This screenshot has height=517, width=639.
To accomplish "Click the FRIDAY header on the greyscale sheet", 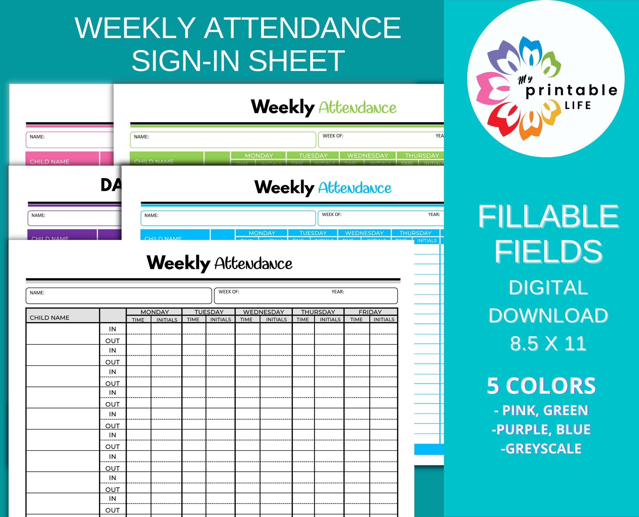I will pyautogui.click(x=370, y=312).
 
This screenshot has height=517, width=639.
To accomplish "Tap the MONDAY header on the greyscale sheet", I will pyautogui.click(x=155, y=312).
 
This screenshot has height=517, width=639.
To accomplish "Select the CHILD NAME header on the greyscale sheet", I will pyautogui.click(x=50, y=317).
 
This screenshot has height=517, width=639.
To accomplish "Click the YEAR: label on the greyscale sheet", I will pyautogui.click(x=338, y=292).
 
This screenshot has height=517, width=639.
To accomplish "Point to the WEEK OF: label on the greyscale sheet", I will pyautogui.click(x=229, y=292).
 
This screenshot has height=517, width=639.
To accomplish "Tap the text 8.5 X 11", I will pyautogui.click(x=548, y=343).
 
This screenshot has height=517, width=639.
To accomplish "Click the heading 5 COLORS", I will pyautogui.click(x=541, y=386).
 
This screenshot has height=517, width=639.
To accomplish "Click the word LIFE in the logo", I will pyautogui.click(x=578, y=105).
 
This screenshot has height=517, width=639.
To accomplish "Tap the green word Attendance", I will pyautogui.click(x=357, y=108).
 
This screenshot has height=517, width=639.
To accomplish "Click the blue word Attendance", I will pyautogui.click(x=355, y=188).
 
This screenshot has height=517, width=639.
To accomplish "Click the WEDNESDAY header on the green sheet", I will pyautogui.click(x=367, y=155).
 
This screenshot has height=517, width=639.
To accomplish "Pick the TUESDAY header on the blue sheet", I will pyautogui.click(x=313, y=233).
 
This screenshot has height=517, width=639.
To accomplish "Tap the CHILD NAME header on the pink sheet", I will pyautogui.click(x=50, y=162).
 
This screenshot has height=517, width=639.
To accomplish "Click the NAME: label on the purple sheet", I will pyautogui.click(x=38, y=215).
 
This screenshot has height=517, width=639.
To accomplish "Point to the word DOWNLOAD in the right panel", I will pyautogui.click(x=548, y=315).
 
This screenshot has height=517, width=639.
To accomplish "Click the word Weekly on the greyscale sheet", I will pyautogui.click(x=178, y=263).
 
